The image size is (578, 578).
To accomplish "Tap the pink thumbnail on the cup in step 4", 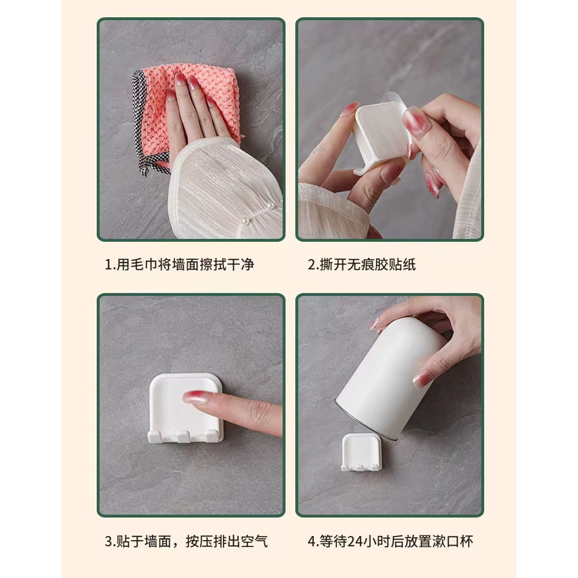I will [423, 378].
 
